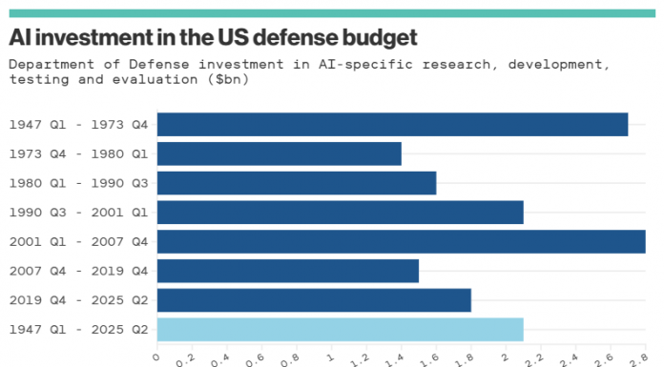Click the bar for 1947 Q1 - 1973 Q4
[392, 124]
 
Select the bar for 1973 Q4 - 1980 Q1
[279, 153]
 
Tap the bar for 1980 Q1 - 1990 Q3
[296, 183]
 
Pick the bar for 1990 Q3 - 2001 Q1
[340, 213]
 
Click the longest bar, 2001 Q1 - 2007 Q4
[401, 241]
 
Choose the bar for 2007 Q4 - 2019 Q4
[287, 271]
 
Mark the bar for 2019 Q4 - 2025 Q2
[314, 300]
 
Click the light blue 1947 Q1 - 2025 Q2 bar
[340, 330]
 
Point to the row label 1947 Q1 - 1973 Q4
[78, 125]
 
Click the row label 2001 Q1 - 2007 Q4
[78, 242]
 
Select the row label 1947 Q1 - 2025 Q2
[78, 331]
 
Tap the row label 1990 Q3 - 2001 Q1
[78, 213]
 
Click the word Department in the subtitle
[48, 65]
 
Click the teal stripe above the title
[331, 13]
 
